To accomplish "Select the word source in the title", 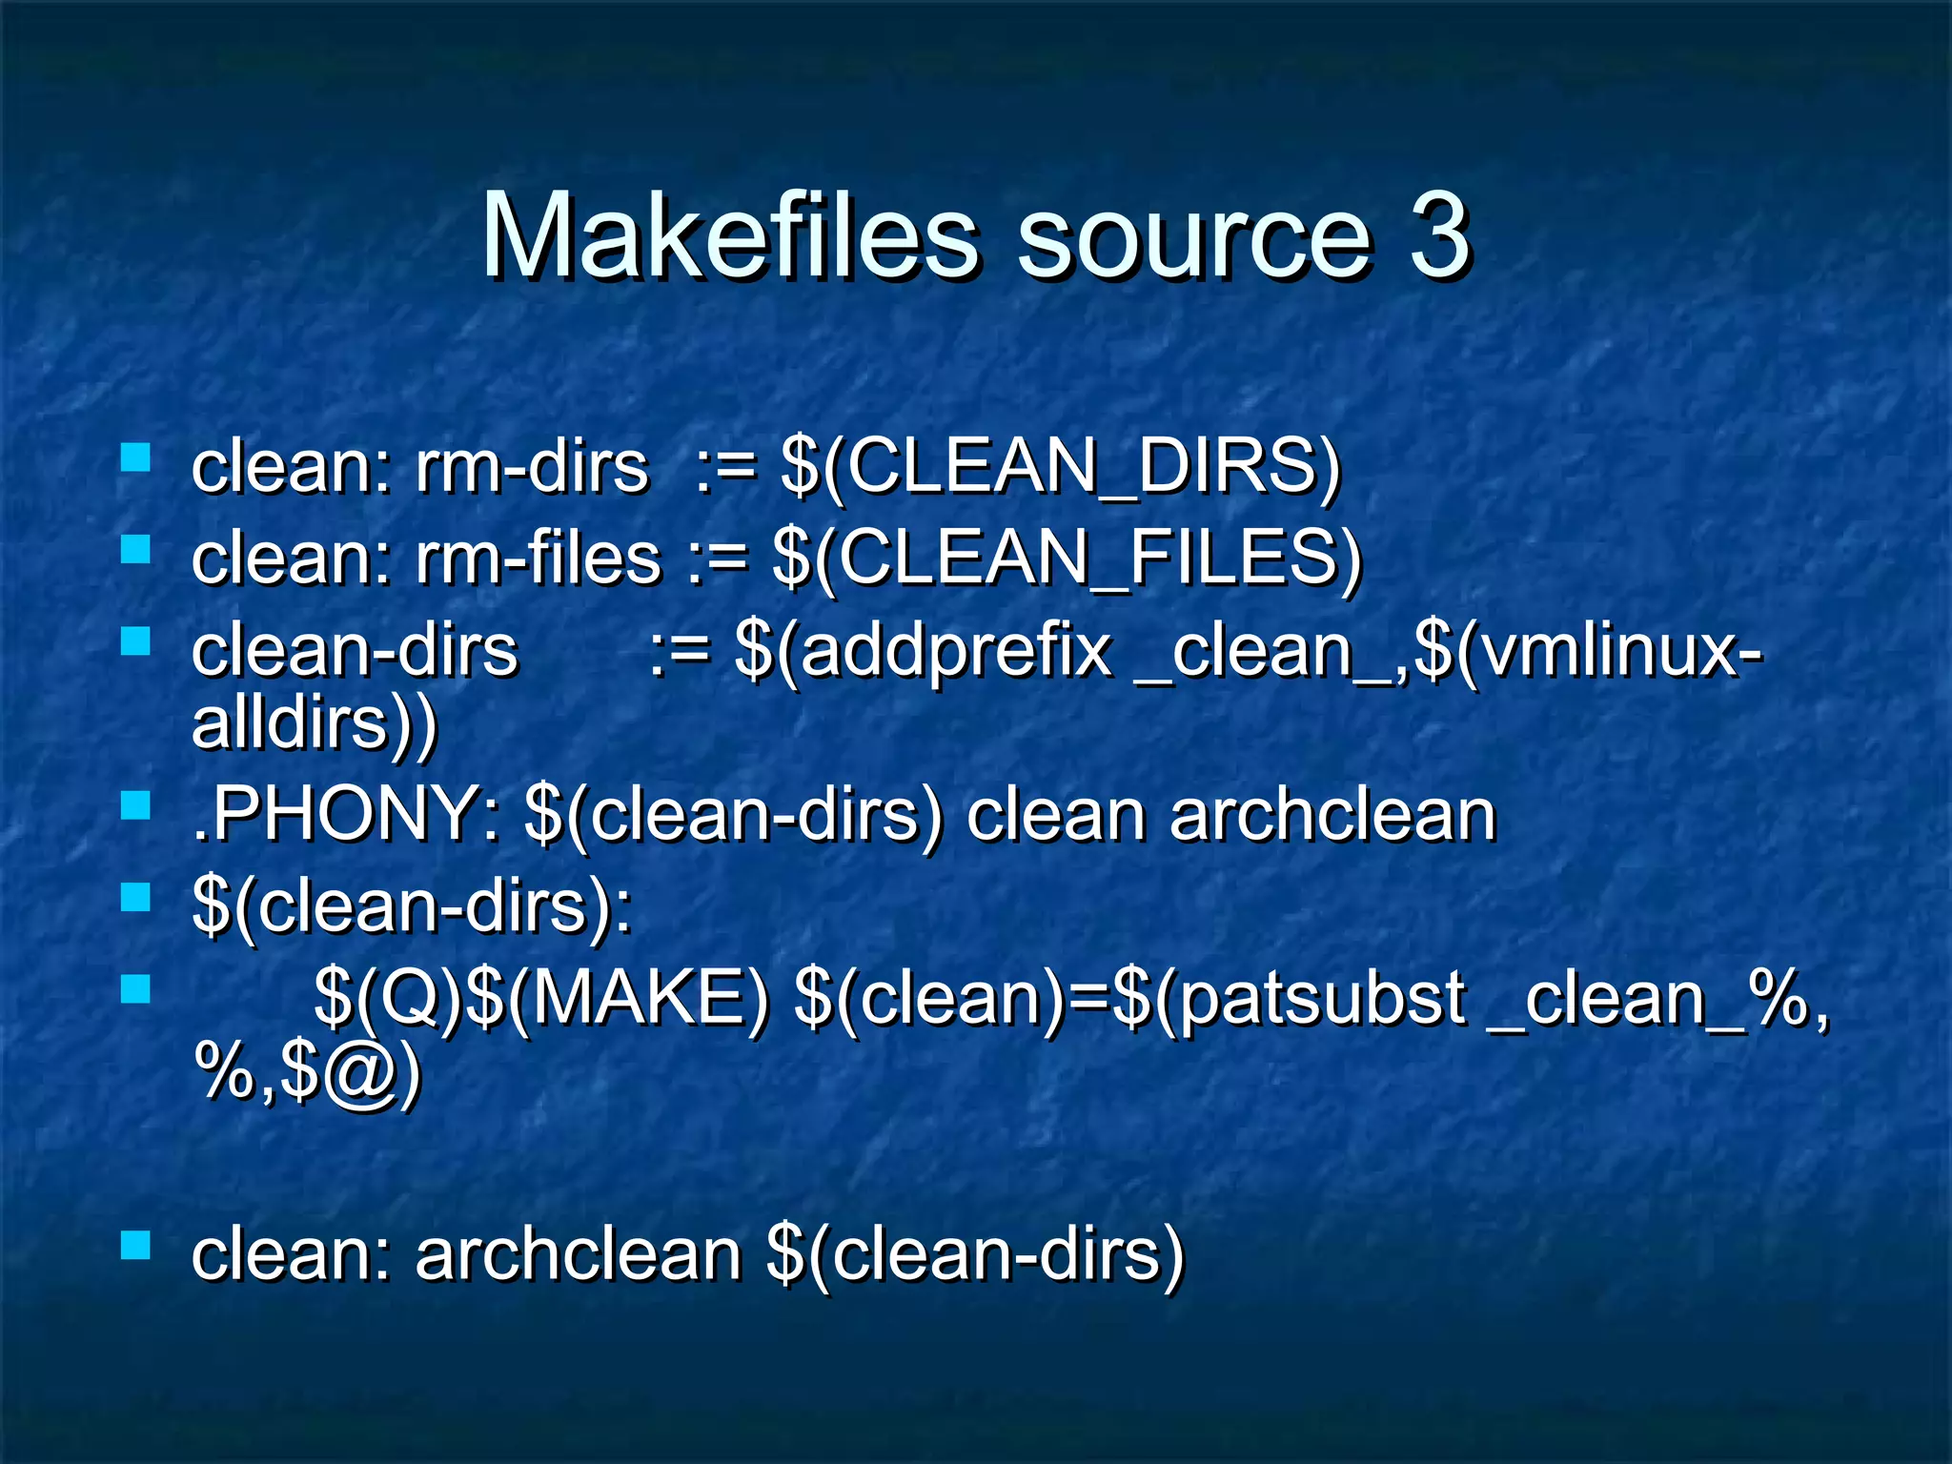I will pos(1192,238).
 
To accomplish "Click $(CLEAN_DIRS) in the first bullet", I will pos(1060,467).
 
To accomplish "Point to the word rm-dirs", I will pos(531,467).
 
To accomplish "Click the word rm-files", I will pos(538,559).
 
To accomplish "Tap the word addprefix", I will pos(955,652).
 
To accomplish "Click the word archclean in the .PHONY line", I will pos(1332,816).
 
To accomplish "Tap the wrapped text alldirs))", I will pos(315,724).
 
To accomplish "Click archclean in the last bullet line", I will pos(578,1254).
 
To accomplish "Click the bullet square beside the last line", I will pos(136,1245).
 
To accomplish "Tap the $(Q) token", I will pos(389,999).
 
